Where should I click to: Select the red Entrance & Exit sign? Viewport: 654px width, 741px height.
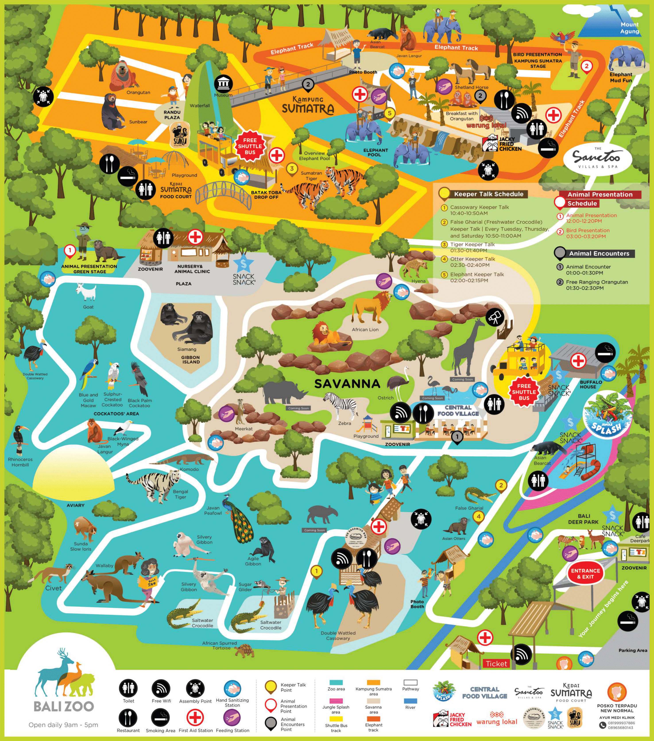(x=586, y=573)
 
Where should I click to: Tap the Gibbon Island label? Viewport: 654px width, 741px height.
(x=191, y=359)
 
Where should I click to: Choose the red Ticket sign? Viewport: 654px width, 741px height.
(x=496, y=664)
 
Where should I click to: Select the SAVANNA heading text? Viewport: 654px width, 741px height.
(x=347, y=383)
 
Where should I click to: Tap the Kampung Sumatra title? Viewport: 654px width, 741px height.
(x=308, y=105)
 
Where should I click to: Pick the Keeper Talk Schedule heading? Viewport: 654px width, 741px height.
(x=488, y=194)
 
